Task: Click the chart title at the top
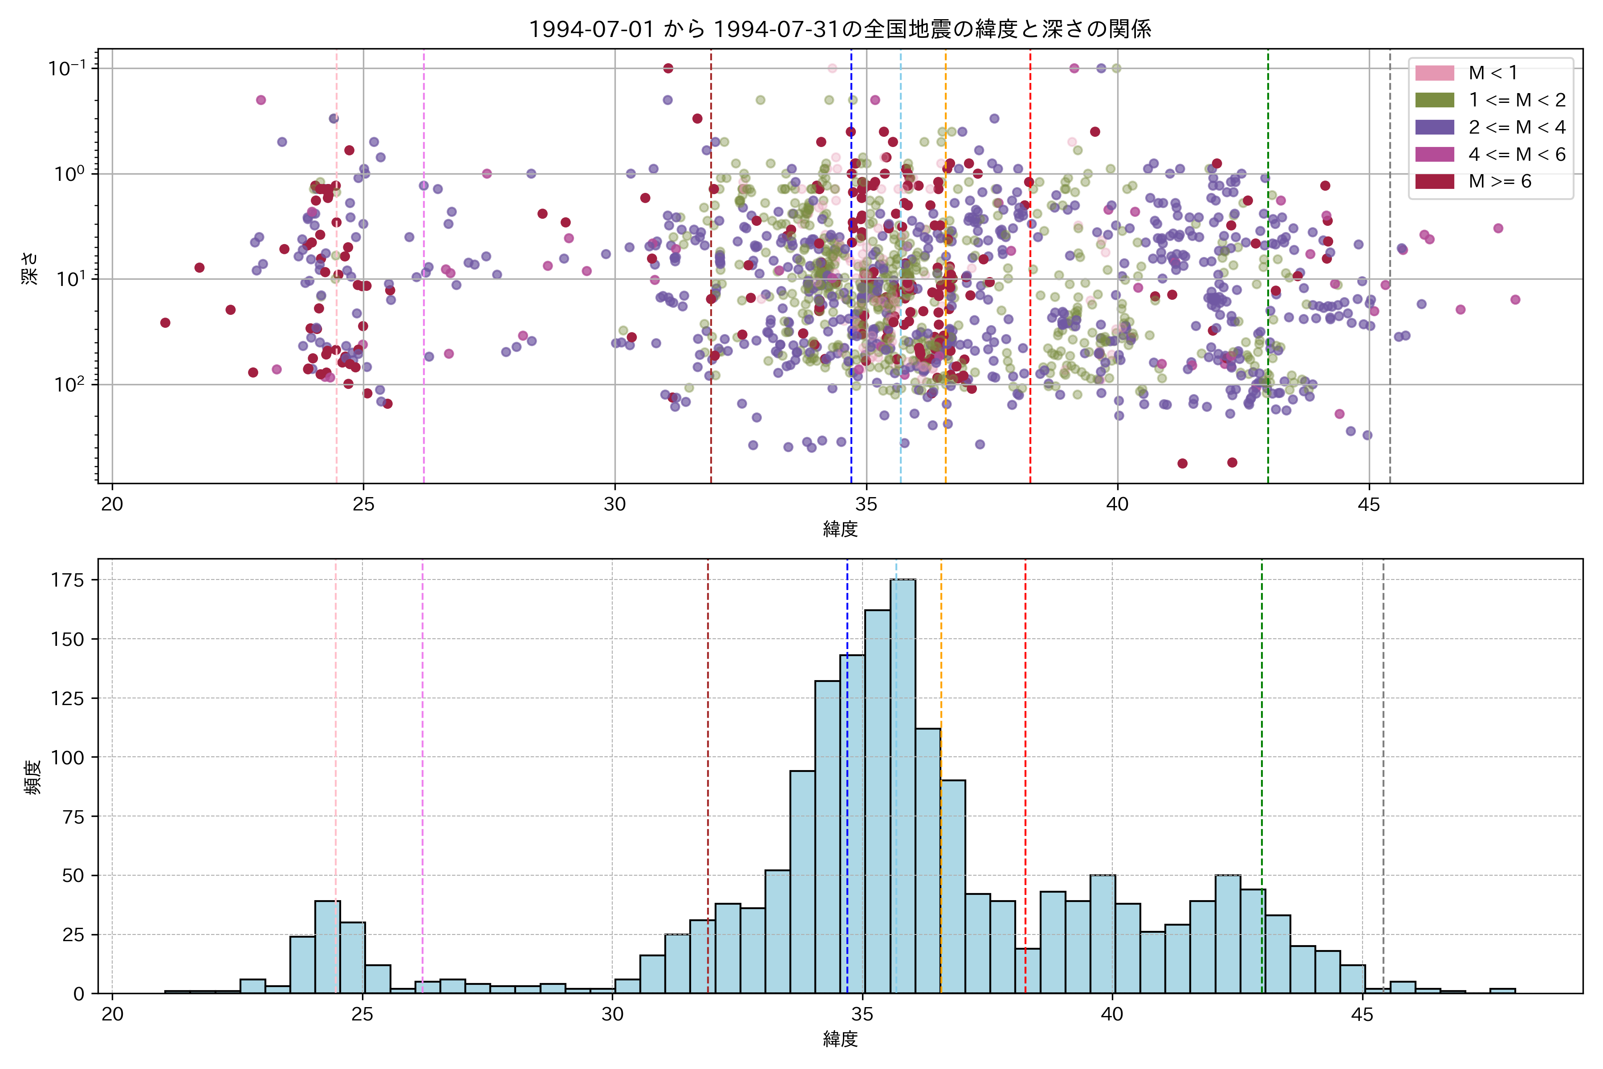pos(840,29)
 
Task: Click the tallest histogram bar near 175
pos(903,784)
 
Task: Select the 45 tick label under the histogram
pos(1362,1015)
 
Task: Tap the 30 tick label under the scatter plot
pos(615,505)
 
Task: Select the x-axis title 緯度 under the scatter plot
pos(840,529)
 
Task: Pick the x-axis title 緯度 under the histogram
pos(840,1039)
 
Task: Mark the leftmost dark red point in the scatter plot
pos(165,322)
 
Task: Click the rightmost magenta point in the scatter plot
pos(1515,299)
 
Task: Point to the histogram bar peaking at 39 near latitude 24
pos(327,948)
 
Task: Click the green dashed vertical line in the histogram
pos(1261,750)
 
